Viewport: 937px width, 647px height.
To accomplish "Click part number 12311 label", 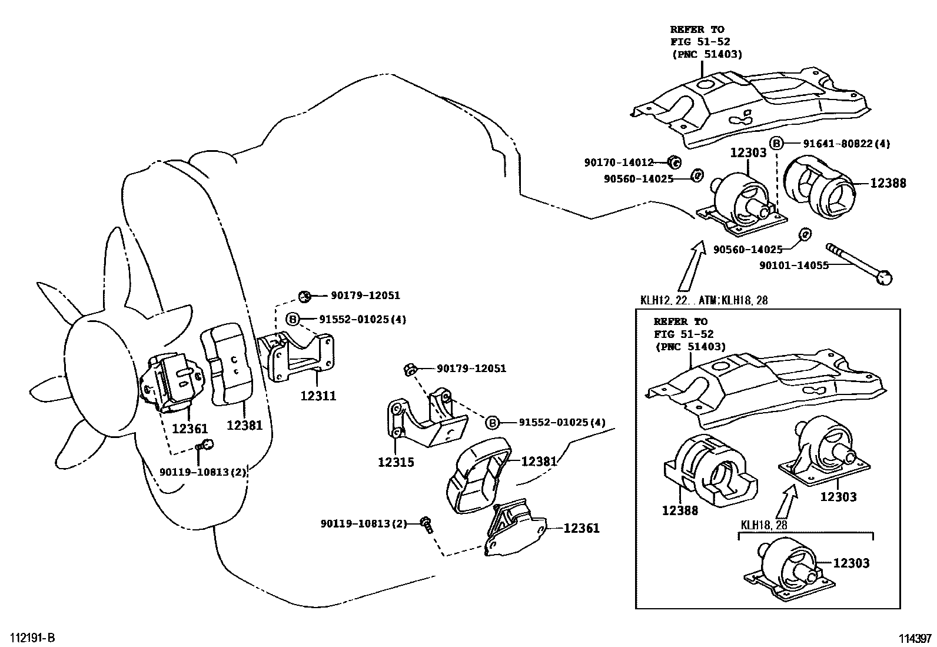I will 318,396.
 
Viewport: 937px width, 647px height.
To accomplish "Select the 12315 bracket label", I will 396,462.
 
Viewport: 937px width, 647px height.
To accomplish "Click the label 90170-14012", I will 619,162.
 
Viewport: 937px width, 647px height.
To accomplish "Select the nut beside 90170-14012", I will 675,162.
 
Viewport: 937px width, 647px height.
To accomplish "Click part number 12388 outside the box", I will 888,183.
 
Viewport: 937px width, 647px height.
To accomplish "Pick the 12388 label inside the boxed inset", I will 680,510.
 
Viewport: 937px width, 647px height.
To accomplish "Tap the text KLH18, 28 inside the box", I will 763,525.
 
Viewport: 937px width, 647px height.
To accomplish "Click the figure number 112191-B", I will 32,638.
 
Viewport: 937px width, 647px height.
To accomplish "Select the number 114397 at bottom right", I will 915,638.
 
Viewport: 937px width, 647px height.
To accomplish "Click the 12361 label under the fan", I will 190,428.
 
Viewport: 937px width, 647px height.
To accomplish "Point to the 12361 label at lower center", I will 582,528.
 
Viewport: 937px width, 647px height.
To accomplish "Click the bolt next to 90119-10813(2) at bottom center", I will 426,523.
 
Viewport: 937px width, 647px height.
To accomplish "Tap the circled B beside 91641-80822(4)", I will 777,143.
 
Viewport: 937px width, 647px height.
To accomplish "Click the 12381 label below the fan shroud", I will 244,424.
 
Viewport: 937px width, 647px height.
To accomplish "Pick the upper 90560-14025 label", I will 638,178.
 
